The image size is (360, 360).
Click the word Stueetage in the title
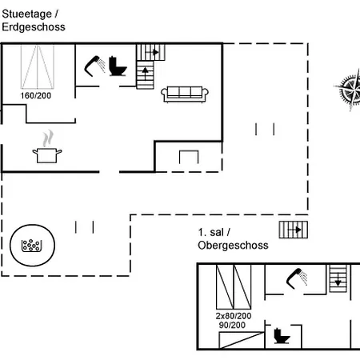click(x=26, y=14)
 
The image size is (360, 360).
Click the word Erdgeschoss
click(x=34, y=27)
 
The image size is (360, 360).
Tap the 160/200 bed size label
click(x=36, y=95)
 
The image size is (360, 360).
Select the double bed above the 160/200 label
click(x=38, y=66)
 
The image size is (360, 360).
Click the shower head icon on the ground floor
click(x=94, y=66)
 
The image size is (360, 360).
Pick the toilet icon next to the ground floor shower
click(x=118, y=66)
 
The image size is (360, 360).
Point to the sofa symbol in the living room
click(x=185, y=94)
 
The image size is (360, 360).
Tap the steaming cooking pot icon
click(x=47, y=146)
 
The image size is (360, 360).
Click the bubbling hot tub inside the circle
click(x=32, y=246)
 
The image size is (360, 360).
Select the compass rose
click(x=350, y=90)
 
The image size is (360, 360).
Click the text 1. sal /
click(x=214, y=232)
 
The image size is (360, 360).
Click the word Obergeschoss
click(x=233, y=246)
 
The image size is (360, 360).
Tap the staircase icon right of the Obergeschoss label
click(x=294, y=230)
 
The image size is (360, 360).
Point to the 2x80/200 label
click(x=234, y=316)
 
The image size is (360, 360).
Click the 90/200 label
click(x=232, y=325)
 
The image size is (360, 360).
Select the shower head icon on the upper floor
click(x=297, y=278)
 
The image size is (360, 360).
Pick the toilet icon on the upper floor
click(x=282, y=336)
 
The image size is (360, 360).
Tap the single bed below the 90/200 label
click(x=242, y=340)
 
